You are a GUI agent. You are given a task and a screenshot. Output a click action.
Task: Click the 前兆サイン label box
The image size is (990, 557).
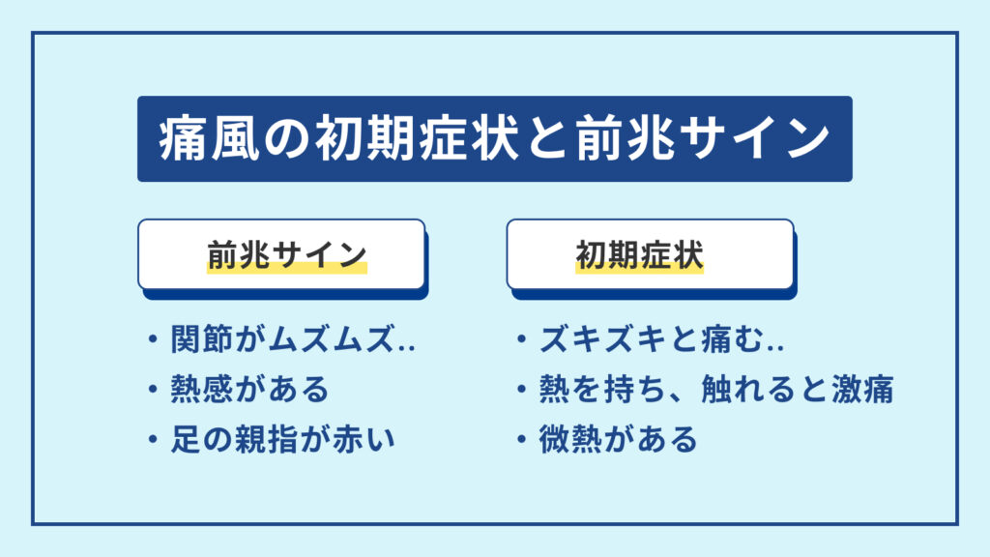click(281, 254)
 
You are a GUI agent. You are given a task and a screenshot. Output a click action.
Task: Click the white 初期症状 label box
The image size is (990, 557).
click(650, 254)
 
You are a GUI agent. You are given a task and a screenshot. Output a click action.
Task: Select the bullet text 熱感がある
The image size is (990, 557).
click(250, 390)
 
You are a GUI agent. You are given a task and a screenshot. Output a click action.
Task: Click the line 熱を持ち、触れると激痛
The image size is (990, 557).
click(715, 390)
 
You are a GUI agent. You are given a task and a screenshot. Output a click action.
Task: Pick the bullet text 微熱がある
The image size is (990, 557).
click(619, 440)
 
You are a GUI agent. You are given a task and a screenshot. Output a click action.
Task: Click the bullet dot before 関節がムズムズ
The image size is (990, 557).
click(153, 340)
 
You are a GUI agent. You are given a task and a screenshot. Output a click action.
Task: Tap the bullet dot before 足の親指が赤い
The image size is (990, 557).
click(153, 440)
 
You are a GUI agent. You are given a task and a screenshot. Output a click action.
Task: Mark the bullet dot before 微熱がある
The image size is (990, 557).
click(522, 440)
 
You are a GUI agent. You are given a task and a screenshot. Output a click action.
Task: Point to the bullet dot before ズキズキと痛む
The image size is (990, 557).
click(522, 340)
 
